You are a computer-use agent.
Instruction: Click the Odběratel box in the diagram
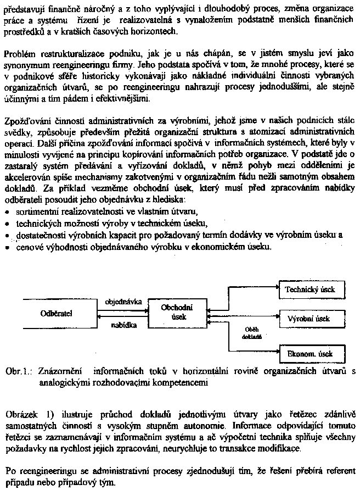point(57,314)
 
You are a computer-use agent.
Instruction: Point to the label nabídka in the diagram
point(124,325)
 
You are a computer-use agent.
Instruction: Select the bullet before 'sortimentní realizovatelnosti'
point(7,211)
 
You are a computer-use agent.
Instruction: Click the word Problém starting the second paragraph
point(19,54)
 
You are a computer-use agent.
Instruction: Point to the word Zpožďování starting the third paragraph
point(27,120)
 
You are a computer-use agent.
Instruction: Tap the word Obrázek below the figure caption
point(20,411)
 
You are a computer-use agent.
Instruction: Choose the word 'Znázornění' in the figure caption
point(60,371)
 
